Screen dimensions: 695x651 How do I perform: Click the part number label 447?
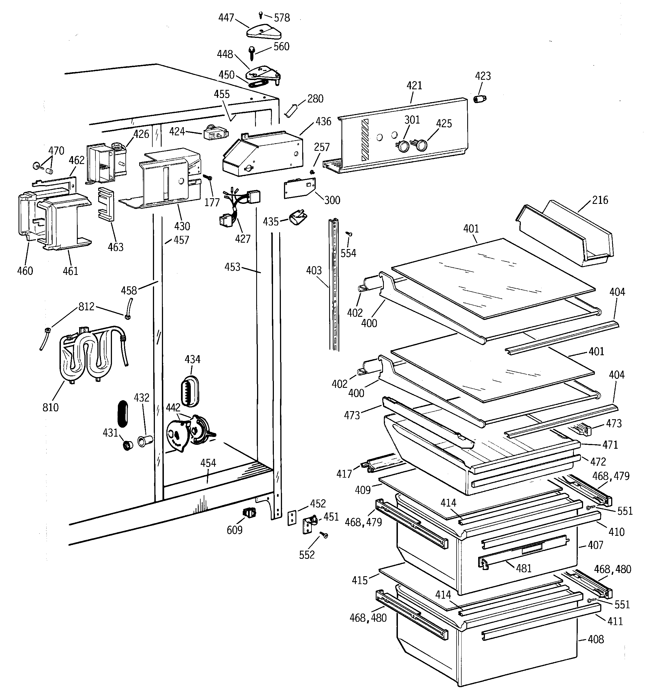click(x=226, y=17)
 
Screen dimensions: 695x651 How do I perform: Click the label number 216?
click(x=600, y=200)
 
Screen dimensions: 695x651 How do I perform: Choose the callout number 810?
click(x=50, y=407)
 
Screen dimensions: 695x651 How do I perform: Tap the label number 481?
click(x=523, y=568)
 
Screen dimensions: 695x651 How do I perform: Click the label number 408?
click(x=595, y=639)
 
